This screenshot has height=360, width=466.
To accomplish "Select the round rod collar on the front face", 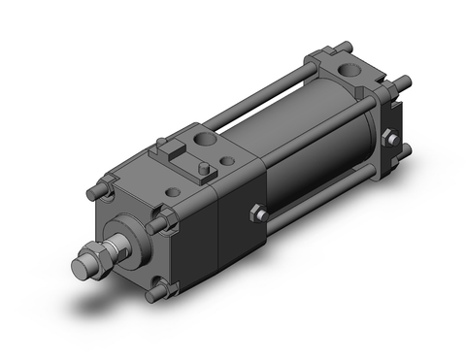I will click(x=123, y=238).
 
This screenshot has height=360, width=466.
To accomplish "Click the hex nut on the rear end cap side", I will click(x=390, y=139).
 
